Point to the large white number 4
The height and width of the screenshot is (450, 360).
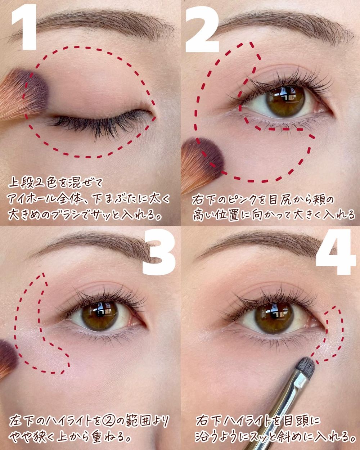336,252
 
